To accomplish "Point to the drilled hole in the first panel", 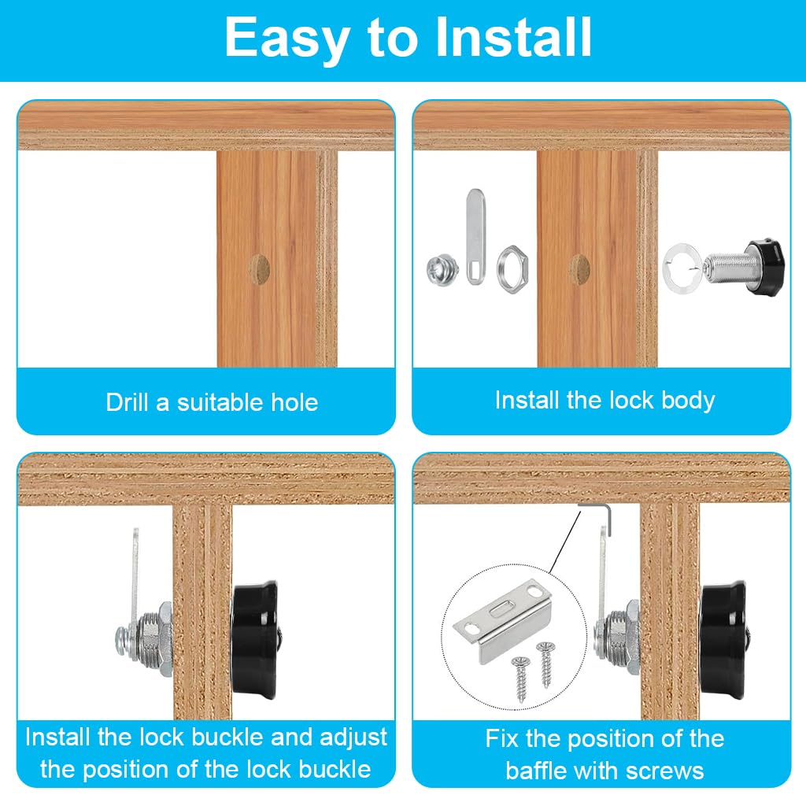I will pos(257,269).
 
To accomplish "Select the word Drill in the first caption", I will pos(128,402).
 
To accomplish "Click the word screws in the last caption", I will pos(664,770).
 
